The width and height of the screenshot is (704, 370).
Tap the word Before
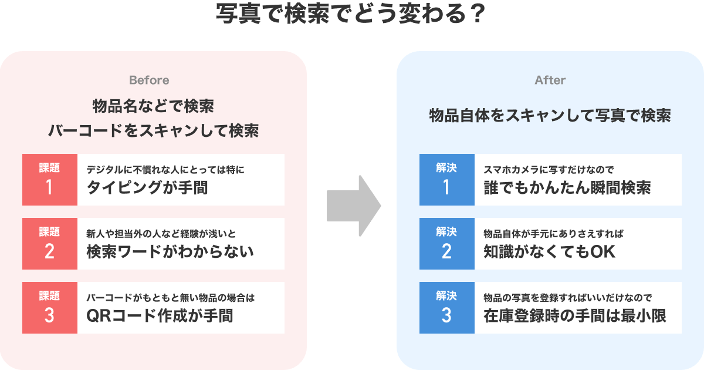(149, 80)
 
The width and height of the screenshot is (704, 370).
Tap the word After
(550, 80)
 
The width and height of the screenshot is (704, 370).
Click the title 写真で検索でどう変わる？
(351, 14)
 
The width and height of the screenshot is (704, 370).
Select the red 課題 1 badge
(50, 180)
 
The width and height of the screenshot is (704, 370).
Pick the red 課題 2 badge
(50, 244)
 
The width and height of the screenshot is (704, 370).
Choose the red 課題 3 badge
(50, 308)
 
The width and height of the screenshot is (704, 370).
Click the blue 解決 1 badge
(447, 180)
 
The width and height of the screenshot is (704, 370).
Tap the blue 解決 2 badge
(447, 244)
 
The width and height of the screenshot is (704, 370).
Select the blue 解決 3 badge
(447, 308)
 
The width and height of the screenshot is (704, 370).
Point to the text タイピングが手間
(147, 188)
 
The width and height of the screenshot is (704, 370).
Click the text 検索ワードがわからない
(170, 252)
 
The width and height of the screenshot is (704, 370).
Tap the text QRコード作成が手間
(160, 316)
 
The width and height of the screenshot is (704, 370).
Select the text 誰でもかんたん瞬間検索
(567, 188)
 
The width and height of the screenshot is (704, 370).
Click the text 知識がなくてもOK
(549, 252)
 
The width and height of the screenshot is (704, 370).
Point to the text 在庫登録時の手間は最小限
(575, 316)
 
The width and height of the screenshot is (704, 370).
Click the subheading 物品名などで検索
(153, 106)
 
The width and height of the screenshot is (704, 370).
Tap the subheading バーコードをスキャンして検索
(153, 130)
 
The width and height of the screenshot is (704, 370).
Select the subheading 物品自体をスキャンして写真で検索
(550, 116)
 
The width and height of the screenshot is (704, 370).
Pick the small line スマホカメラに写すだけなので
(549, 170)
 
